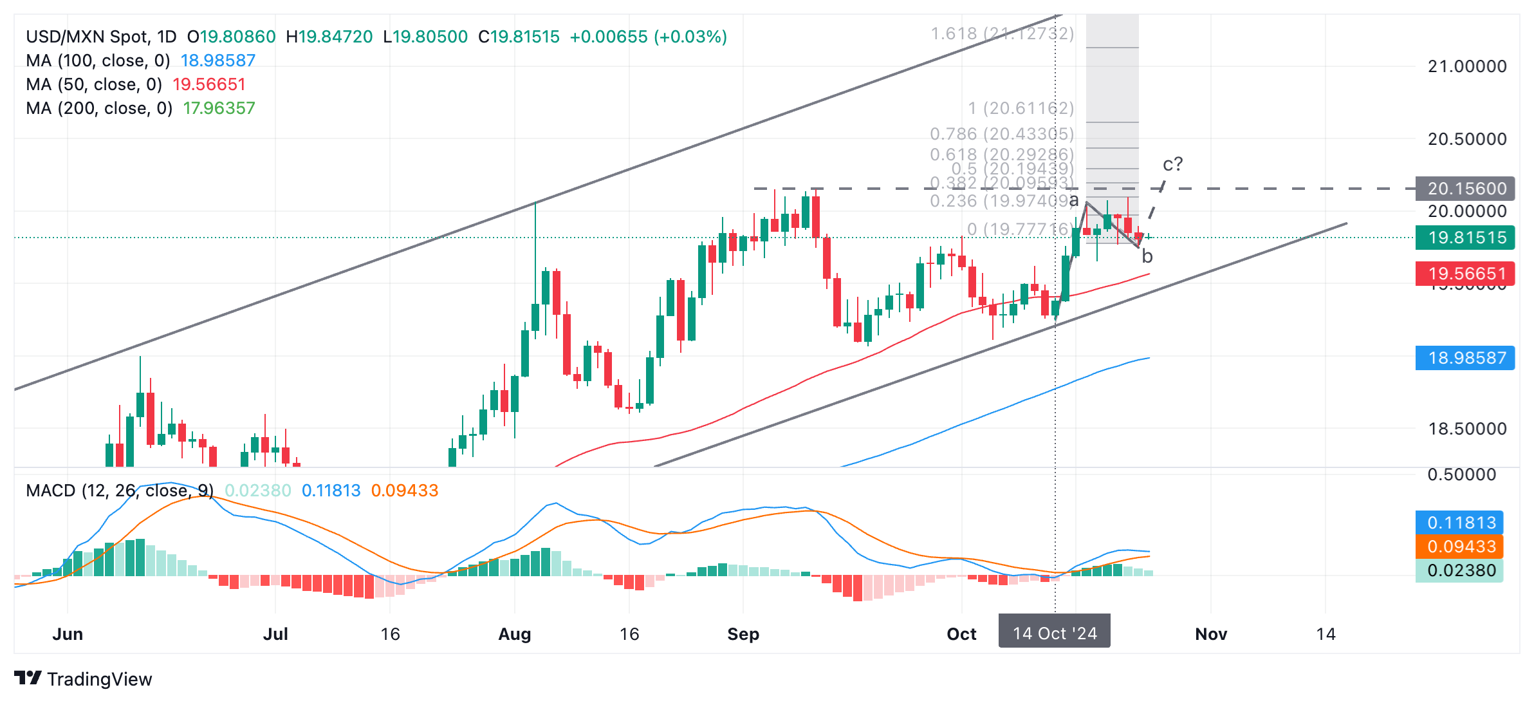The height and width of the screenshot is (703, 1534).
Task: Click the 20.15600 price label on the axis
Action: (1465, 189)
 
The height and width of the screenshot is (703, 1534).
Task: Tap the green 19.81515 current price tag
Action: (1465, 238)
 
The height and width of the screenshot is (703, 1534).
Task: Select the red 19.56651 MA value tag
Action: (1465, 274)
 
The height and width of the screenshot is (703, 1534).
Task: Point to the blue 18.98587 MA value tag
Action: (1465, 358)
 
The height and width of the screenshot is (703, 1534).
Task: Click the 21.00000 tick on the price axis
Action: (1467, 66)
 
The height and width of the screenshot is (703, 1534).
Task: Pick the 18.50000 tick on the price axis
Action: (1467, 429)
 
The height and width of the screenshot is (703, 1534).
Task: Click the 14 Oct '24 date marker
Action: (1055, 633)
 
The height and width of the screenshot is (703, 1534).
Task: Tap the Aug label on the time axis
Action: (515, 634)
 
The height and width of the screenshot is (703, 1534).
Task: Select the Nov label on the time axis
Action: (1211, 634)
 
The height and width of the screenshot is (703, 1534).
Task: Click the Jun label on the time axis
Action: (68, 634)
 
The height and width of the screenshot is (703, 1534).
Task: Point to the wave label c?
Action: (1172, 164)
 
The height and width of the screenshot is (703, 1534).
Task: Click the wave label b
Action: (1147, 257)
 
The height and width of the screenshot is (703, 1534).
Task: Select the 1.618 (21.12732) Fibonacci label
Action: (1002, 33)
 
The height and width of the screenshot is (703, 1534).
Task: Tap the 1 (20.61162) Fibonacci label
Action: (1021, 108)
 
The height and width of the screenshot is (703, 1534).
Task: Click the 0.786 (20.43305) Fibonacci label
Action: (1002, 134)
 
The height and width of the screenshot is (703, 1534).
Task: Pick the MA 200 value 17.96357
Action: (219, 108)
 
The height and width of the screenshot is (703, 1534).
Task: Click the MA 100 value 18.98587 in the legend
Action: (218, 61)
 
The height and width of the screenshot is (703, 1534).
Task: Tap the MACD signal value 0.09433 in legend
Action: (405, 491)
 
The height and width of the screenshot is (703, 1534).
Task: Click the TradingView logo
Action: (83, 679)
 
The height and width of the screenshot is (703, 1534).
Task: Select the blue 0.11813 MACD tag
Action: (1459, 523)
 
